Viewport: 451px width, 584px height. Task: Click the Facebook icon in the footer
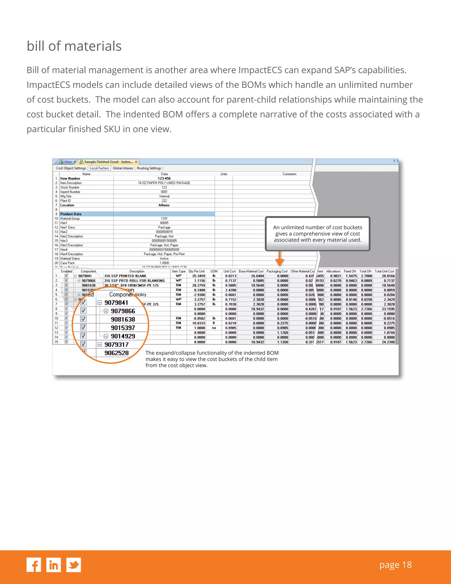34,565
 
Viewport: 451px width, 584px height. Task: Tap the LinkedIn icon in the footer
54,565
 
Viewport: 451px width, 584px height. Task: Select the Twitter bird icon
74,565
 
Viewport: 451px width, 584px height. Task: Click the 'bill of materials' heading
74,46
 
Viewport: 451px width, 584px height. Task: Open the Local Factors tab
99,168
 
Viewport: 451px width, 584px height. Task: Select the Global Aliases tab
123,168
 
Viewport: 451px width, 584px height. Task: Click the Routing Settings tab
149,168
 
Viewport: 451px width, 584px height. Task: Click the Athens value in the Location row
164,205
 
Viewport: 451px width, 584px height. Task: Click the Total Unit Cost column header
384,271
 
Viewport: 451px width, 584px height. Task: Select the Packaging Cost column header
277,271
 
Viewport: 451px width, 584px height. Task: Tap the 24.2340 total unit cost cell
388,342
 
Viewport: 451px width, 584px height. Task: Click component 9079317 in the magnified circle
116,344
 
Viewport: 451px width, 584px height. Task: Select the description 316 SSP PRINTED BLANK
125,276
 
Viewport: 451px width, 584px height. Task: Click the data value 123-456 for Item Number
164,178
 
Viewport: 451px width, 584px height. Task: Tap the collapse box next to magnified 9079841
100,303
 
